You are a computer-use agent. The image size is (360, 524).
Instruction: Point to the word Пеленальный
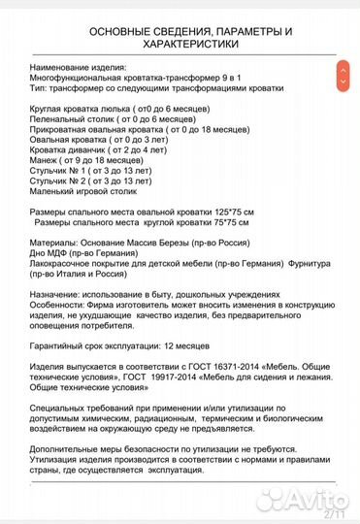pos(53,119)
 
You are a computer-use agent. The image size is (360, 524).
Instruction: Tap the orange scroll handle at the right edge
pos(342,74)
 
